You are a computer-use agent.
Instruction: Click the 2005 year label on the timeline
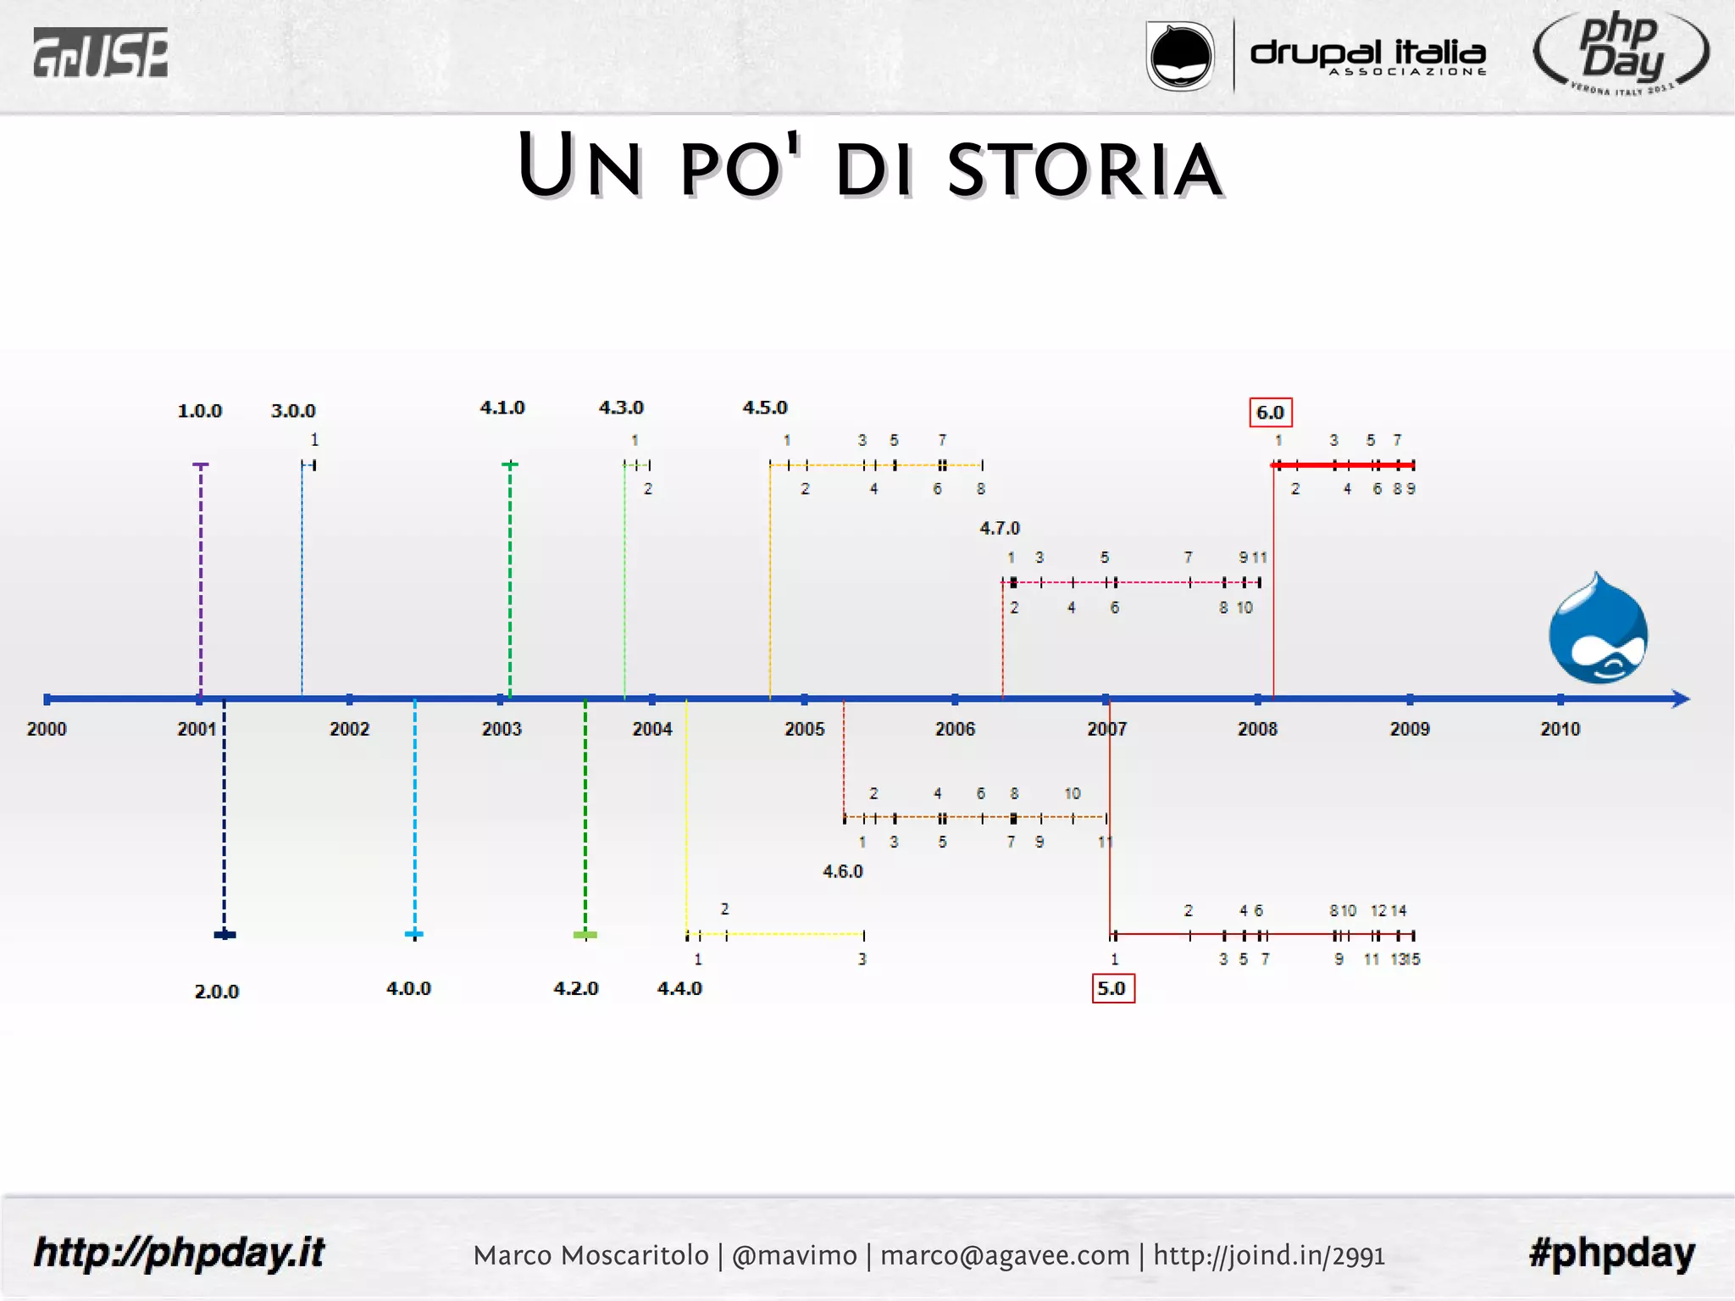click(804, 729)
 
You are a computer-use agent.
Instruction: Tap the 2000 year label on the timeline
click(47, 729)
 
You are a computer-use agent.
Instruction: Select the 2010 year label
click(1560, 729)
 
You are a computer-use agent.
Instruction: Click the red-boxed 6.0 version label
click(1270, 413)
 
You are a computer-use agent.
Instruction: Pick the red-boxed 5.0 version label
click(1112, 988)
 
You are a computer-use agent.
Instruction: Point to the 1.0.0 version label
click(200, 411)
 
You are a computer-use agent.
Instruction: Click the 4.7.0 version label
click(1000, 528)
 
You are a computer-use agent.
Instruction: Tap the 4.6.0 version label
click(843, 871)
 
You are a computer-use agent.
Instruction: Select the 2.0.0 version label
click(217, 992)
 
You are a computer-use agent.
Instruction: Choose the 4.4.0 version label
click(679, 988)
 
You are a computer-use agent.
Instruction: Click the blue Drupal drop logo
click(1598, 630)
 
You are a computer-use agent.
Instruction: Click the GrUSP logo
click(100, 53)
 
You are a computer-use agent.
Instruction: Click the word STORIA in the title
click(1084, 170)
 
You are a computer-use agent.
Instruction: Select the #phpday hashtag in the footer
click(1611, 1253)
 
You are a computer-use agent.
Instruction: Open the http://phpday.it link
click(179, 1253)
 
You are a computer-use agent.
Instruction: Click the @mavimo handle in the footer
click(794, 1255)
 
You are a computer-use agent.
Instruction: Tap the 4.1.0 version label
click(502, 408)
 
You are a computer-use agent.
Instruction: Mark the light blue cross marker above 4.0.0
click(414, 934)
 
